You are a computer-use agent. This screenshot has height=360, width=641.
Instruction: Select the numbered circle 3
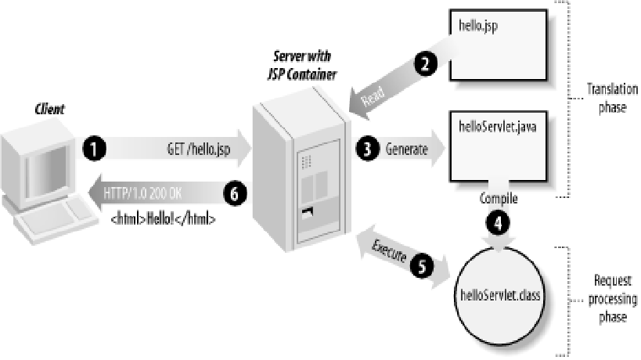pos(366,149)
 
